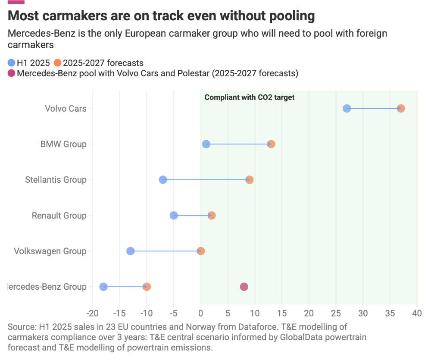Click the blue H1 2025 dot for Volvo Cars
click(347, 108)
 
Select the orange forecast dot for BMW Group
click(271, 144)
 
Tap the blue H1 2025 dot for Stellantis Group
click(163, 180)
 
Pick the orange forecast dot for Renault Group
click(212, 216)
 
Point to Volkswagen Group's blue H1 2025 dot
click(131, 251)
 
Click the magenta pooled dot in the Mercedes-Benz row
click(244, 287)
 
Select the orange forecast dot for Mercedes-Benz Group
click(147, 287)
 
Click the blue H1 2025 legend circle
click(12, 63)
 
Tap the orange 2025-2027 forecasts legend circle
click(57, 63)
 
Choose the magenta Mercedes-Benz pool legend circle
click(12, 73)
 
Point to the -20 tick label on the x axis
click(92, 313)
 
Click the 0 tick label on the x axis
click(200, 313)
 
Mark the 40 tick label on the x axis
click(417, 313)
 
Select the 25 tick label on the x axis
click(336, 313)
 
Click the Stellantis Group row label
click(56, 180)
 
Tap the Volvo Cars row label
click(66, 108)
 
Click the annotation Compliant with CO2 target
click(250, 97)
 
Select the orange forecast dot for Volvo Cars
click(401, 108)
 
